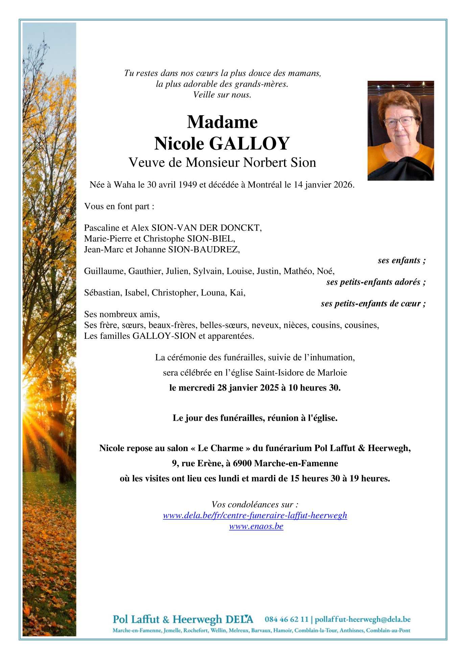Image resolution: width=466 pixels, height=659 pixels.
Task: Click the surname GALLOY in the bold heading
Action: click(250, 144)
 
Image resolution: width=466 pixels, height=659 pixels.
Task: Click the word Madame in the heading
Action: click(222, 122)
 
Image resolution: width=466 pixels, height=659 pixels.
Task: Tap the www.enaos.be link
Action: click(256, 526)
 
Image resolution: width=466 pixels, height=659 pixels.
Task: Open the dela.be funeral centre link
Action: click(255, 515)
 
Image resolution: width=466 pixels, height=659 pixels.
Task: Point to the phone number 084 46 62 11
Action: click(286, 619)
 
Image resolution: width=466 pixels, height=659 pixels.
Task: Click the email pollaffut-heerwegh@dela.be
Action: click(363, 619)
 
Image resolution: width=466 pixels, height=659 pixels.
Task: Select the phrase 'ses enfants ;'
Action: click(401, 260)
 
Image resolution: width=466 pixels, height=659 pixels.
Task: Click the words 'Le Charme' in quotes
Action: click(220, 448)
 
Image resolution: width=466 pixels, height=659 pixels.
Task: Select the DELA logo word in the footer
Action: click(239, 619)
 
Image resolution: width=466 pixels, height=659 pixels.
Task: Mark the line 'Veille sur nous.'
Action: click(222, 95)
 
